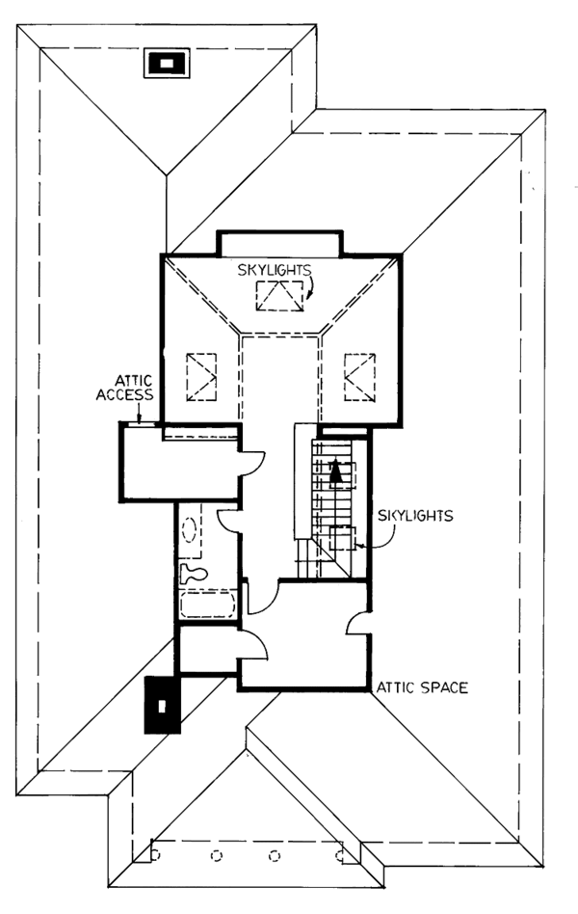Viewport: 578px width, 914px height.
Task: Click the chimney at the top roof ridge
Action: (167, 63)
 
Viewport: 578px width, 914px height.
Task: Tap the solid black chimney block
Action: (161, 704)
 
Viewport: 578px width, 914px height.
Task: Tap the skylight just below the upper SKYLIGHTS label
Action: (279, 296)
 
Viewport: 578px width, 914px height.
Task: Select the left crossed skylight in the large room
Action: (201, 376)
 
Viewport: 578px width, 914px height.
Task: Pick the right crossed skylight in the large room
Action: (357, 376)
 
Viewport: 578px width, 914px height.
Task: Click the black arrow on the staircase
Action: (335, 471)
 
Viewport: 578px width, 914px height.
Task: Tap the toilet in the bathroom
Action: (193, 573)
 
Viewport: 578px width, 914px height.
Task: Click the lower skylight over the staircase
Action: (340, 538)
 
